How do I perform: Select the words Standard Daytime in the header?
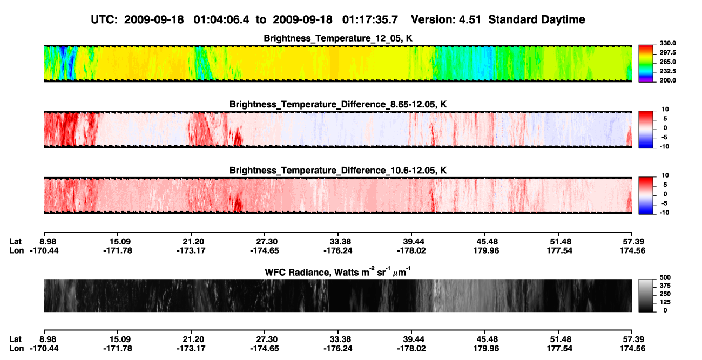click(x=537, y=20)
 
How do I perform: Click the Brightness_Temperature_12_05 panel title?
click(x=338, y=38)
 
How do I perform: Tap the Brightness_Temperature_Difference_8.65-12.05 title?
click(x=338, y=104)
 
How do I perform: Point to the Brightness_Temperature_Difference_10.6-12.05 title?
click(x=338, y=171)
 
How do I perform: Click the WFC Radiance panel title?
click(x=338, y=272)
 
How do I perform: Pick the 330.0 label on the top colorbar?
click(x=667, y=43)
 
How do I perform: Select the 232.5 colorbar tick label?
click(x=667, y=71)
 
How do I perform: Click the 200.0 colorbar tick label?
click(x=667, y=80)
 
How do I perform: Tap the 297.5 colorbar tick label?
click(x=667, y=53)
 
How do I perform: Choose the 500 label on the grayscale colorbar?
click(x=665, y=277)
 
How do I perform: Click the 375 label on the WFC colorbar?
click(x=665, y=286)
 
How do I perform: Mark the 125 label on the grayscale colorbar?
click(x=665, y=302)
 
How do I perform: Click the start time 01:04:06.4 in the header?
click(x=221, y=19)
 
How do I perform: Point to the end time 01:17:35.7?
click(x=370, y=19)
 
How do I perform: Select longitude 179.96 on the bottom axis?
click(x=486, y=349)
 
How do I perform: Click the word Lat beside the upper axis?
click(x=15, y=242)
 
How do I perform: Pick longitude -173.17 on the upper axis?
click(x=191, y=250)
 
